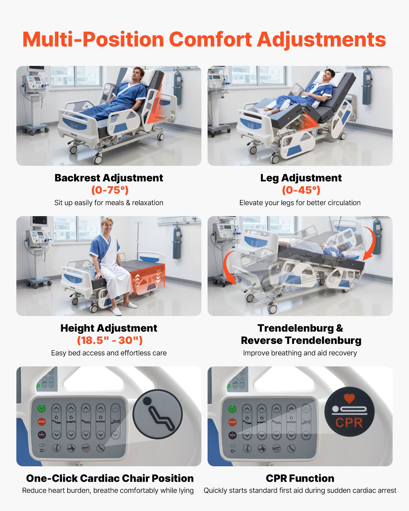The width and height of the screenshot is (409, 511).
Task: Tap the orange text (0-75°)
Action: point(110,190)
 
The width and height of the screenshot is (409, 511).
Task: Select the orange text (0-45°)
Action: point(301,190)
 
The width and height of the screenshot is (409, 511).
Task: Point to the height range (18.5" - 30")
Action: point(110,340)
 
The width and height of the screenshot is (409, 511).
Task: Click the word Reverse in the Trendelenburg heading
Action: point(261,340)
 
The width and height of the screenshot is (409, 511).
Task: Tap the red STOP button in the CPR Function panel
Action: point(232,422)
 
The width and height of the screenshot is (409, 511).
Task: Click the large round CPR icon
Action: point(349,412)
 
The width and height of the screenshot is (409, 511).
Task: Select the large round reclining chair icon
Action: point(157,414)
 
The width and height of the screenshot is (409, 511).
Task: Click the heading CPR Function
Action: point(300,478)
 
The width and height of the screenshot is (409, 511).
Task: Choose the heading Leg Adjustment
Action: point(301,178)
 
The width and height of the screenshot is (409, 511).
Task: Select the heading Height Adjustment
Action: point(109,328)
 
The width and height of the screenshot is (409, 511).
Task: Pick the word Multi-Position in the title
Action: point(93,40)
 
